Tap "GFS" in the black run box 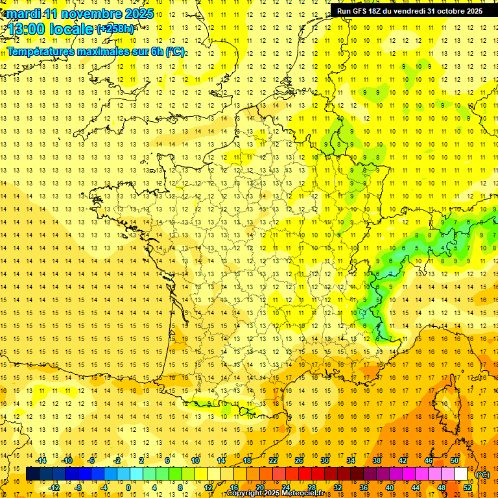[362, 11]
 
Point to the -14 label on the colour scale [42, 460]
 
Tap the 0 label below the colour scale [128, 488]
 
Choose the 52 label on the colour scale [467, 488]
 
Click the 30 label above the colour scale [324, 460]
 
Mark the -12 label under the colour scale [54, 488]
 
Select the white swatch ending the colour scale [461, 474]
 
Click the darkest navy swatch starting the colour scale [32, 474]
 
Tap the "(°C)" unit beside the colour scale [482, 475]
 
